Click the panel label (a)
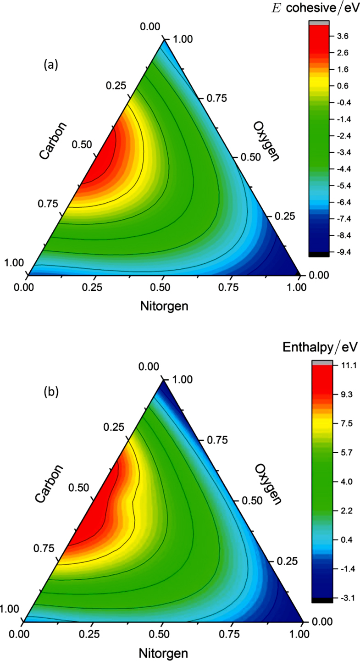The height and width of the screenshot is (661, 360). tap(51, 65)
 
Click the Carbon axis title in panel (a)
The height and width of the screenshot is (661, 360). tap(53, 141)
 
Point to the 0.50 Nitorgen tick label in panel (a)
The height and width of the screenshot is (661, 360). tap(163, 288)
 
